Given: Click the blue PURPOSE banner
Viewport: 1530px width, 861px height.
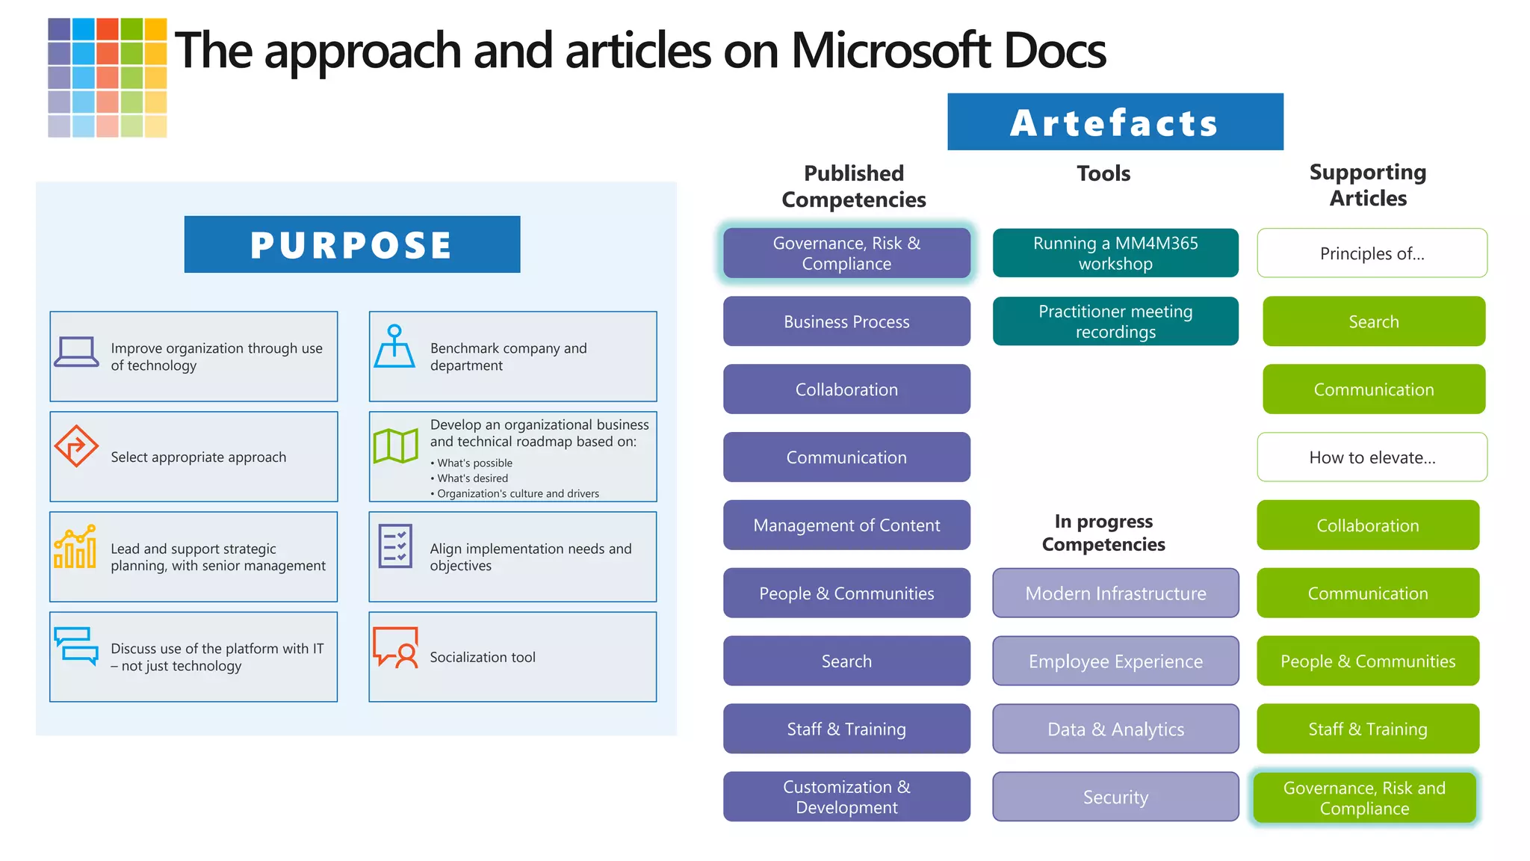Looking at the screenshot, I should click(x=352, y=244).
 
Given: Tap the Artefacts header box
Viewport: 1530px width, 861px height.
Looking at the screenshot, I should click(x=1115, y=122).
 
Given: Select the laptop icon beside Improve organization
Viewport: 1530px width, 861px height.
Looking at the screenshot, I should click(x=76, y=352).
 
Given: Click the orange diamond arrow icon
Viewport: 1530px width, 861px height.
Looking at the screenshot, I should click(x=76, y=446).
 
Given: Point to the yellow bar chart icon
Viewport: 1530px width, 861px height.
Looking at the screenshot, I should click(x=75, y=546).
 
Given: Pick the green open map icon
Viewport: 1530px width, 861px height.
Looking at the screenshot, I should click(x=395, y=446).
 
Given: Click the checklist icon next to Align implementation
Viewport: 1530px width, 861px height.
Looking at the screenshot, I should click(x=395, y=546).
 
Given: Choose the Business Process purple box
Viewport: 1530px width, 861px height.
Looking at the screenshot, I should click(x=846, y=321).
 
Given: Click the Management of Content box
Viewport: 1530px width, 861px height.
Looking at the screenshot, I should click(x=846, y=525).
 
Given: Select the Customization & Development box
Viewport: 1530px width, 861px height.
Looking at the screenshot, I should click(x=846, y=797).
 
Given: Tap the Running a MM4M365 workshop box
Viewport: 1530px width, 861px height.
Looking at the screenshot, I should click(x=1115, y=253).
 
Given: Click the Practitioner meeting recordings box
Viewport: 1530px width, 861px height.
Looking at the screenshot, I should click(x=1115, y=321).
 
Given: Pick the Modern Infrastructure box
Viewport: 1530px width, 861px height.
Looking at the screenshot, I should click(x=1115, y=593).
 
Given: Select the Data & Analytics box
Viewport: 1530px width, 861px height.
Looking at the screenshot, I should click(x=1115, y=729).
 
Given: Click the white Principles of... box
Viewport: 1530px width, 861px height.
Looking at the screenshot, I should click(x=1372, y=253).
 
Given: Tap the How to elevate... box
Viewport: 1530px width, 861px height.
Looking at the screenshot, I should click(x=1372, y=457).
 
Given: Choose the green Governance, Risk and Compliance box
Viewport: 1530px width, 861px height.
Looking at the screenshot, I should click(x=1364, y=797).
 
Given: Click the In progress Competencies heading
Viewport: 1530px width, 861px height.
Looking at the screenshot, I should click(x=1103, y=533).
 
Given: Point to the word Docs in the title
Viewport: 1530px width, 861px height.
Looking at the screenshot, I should click(x=1054, y=51).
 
